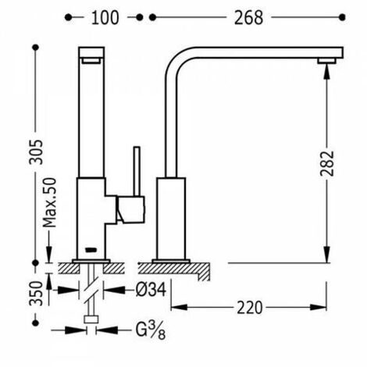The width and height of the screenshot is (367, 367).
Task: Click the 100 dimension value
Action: point(105,18)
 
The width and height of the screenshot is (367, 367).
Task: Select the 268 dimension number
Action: point(248,18)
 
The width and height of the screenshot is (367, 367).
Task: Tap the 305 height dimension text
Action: point(36,152)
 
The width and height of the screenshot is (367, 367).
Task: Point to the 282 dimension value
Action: point(327,163)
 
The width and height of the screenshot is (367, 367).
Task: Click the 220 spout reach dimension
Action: point(249,308)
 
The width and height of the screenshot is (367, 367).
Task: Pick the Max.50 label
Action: point(49,202)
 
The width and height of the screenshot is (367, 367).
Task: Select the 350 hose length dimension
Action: point(36,294)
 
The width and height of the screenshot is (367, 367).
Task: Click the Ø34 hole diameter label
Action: point(151,290)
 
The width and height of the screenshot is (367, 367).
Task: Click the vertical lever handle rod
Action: point(137,171)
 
